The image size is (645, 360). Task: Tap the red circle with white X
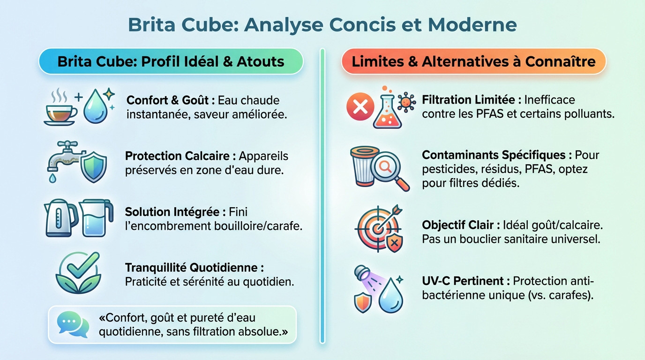[360, 108]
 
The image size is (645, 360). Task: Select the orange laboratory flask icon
[388, 109]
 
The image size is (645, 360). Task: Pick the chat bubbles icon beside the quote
[73, 324]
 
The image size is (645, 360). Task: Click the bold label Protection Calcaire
[180, 156]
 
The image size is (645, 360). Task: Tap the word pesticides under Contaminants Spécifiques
[444, 169]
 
